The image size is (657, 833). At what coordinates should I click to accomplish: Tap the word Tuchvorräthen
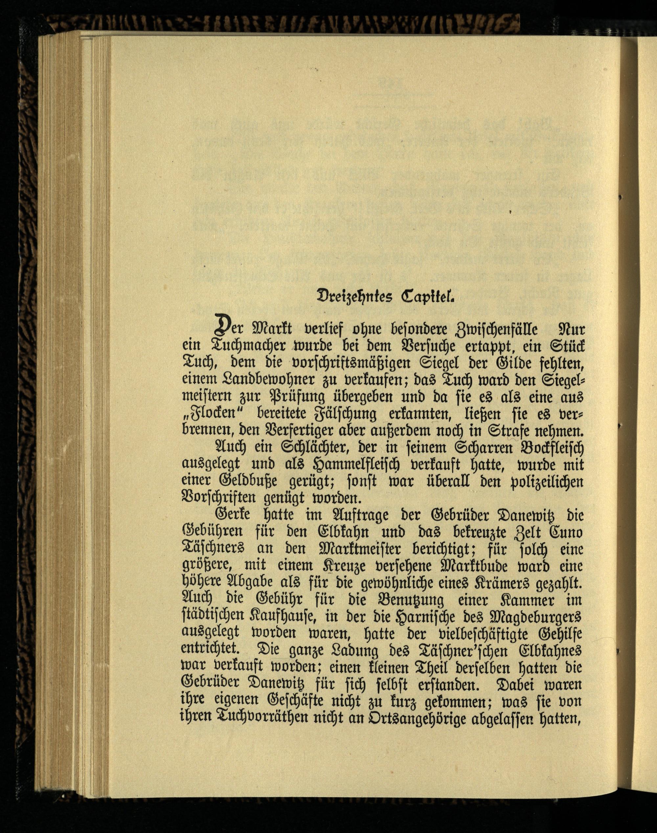pos(266,718)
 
